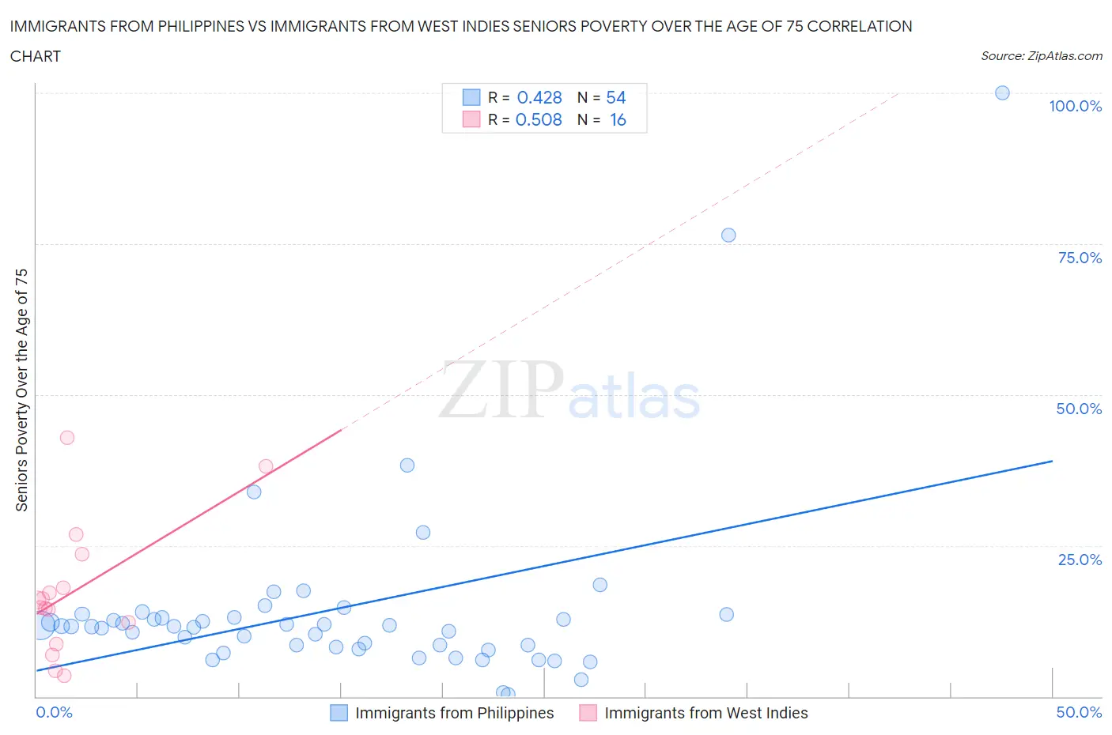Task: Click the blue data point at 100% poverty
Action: (1002, 92)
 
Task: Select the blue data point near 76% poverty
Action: (728, 235)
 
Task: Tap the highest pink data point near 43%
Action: (67, 438)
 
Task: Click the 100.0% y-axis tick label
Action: (1075, 106)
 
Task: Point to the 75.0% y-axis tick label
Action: (1080, 258)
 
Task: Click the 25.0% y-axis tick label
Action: (1080, 560)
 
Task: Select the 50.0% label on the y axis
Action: (1079, 409)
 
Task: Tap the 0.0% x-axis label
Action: (54, 712)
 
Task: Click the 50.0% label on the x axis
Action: (1079, 712)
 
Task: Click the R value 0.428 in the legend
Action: (539, 97)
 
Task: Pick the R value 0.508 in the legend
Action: (539, 119)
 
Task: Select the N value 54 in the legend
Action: (616, 97)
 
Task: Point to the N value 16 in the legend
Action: (618, 119)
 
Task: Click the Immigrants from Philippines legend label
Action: (454, 713)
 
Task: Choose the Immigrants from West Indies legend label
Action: (705, 713)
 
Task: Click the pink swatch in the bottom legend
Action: (588, 713)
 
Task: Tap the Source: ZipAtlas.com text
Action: (1041, 55)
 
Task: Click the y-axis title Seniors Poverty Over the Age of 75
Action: (21, 390)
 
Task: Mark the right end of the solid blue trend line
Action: (1052, 461)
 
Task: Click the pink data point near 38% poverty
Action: (266, 466)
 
